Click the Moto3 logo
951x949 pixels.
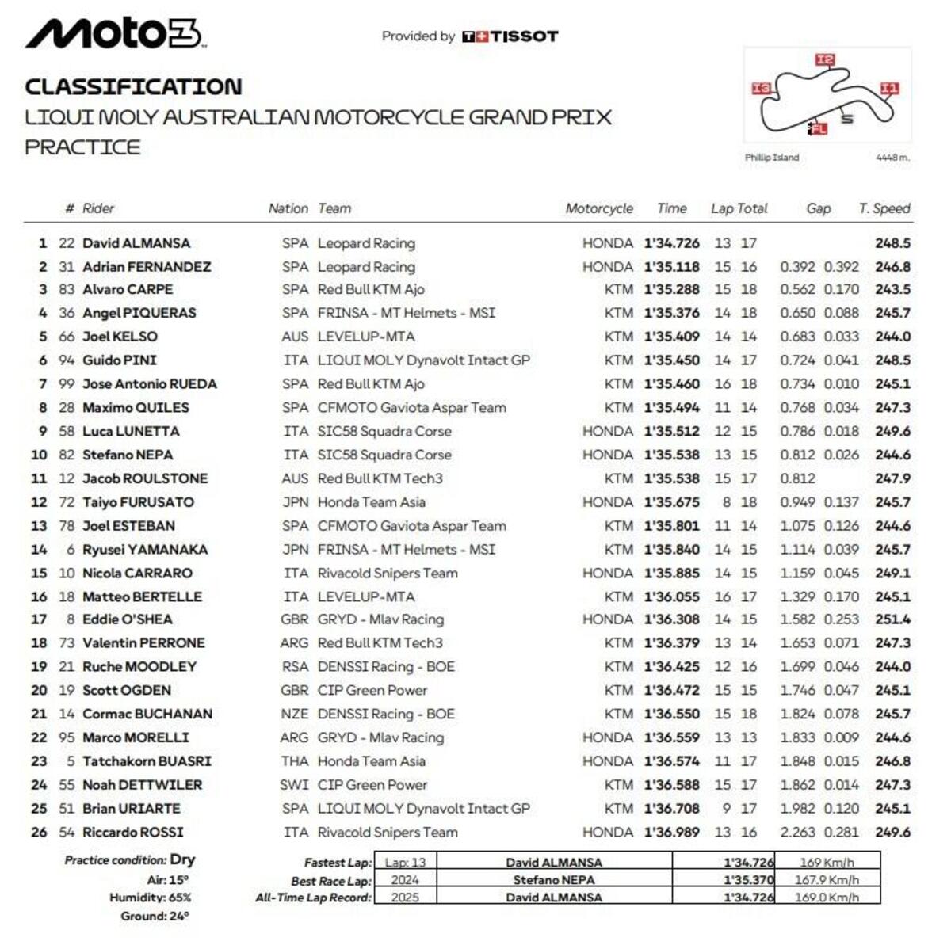point(115,33)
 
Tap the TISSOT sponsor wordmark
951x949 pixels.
point(523,36)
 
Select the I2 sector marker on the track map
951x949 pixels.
point(825,59)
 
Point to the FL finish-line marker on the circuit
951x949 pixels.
point(818,128)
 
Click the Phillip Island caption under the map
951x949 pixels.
point(771,158)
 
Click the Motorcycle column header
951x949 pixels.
point(598,208)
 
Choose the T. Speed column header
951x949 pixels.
point(884,208)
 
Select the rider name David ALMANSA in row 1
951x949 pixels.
point(136,243)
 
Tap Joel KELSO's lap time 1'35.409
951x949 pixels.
point(671,337)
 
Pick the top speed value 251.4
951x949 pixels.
point(892,619)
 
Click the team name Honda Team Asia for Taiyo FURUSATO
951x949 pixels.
point(371,502)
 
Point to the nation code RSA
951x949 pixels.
point(295,667)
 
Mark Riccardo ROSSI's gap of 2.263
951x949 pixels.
point(797,833)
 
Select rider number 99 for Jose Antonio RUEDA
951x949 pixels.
point(67,384)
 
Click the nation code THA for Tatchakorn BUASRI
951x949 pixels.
point(295,761)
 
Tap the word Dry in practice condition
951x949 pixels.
point(182,859)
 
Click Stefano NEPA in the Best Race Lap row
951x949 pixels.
point(553,880)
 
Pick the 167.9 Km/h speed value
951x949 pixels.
point(827,880)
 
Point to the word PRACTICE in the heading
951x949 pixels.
point(82,147)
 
